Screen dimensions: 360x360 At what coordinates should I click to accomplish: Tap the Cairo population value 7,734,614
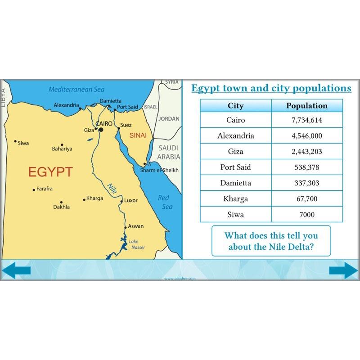[307, 120]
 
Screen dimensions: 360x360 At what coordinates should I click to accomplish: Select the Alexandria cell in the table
[236, 136]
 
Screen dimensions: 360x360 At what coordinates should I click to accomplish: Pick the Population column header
[307, 106]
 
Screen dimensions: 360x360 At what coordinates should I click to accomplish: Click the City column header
[236, 106]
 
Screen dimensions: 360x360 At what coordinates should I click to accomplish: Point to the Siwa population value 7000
[307, 215]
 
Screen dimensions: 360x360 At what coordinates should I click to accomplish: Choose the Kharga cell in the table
[236, 199]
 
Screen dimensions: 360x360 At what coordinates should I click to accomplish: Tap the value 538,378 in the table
[307, 167]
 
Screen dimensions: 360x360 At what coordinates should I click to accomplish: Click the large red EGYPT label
[50, 172]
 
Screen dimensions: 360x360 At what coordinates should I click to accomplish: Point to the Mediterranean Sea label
[76, 90]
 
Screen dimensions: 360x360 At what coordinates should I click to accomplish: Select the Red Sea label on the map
[165, 202]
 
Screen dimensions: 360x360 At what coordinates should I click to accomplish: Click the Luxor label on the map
[131, 200]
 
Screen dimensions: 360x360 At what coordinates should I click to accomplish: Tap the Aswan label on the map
[135, 226]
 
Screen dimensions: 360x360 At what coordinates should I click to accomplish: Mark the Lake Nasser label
[137, 244]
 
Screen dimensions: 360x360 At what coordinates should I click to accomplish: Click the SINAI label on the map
[138, 135]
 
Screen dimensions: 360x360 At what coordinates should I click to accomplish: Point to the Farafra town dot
[34, 190]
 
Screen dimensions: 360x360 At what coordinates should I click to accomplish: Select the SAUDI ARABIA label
[168, 153]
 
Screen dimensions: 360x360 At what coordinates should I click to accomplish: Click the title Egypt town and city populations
[271, 88]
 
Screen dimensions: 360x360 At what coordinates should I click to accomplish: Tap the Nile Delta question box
[271, 241]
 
